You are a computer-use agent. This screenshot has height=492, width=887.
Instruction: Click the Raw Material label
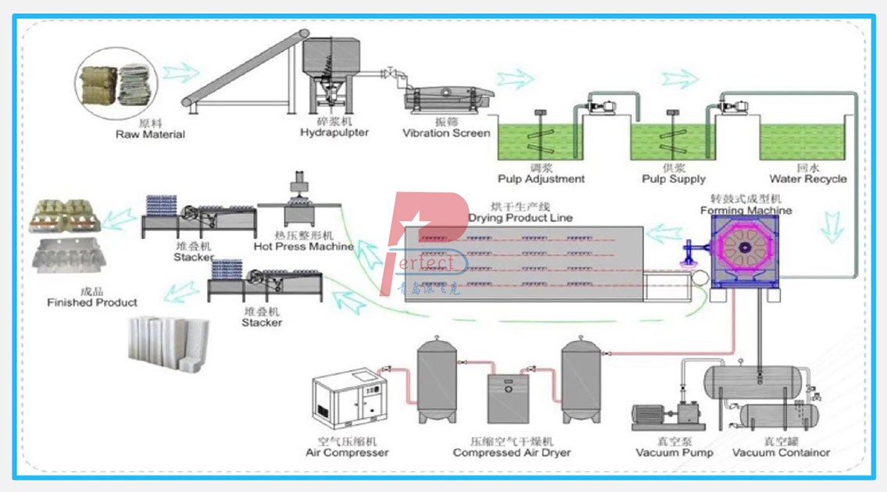pyautogui.click(x=150, y=134)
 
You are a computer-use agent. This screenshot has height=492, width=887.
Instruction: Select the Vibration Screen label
pyautogui.click(x=446, y=133)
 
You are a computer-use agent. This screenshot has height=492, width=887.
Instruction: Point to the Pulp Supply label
pyautogui.click(x=673, y=179)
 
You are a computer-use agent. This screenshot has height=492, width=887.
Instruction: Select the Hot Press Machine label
pyautogui.click(x=304, y=246)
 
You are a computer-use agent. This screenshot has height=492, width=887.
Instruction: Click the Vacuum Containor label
pyautogui.click(x=781, y=452)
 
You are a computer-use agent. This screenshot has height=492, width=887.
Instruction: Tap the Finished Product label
pyautogui.click(x=92, y=302)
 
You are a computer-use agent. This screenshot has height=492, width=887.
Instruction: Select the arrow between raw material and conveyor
pyautogui.click(x=179, y=73)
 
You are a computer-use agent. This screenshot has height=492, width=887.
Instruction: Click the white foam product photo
pyautogui.click(x=168, y=339)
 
